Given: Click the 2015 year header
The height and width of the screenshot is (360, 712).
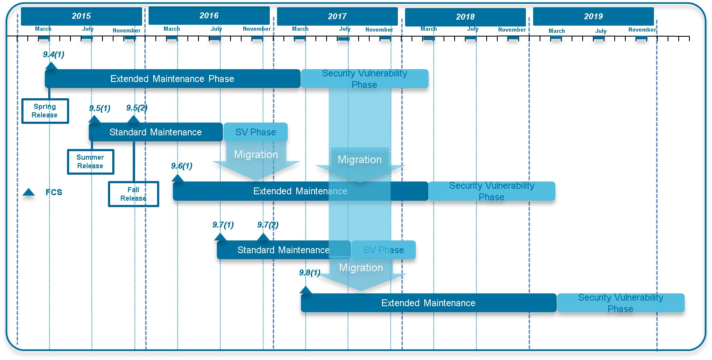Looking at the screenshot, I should tap(81, 16).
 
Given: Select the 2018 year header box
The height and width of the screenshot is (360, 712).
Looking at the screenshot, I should tap(465, 17).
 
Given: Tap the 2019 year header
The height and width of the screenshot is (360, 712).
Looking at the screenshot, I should tap(593, 17).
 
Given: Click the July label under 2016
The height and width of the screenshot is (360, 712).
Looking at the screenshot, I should tap(216, 29).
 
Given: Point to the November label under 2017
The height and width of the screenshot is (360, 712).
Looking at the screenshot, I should tap(379, 29).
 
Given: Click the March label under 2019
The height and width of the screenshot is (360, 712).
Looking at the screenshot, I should tap(557, 31).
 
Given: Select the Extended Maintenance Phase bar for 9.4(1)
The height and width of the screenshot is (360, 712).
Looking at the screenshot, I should tap(172, 79).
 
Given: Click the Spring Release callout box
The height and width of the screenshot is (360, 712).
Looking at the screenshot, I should tap(45, 111).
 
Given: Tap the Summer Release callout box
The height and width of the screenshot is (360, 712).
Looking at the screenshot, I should tap(90, 162).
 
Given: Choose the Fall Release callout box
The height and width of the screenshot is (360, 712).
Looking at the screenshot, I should tap(133, 194).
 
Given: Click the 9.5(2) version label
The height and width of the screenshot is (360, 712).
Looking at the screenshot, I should tap(137, 108).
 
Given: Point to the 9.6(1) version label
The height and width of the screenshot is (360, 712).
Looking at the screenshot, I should tap(182, 166).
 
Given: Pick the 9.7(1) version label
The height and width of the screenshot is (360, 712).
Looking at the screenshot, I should tap(223, 225).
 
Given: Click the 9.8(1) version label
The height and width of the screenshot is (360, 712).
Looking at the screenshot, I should tap(309, 272).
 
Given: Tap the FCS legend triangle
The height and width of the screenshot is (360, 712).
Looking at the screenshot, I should tap(29, 192).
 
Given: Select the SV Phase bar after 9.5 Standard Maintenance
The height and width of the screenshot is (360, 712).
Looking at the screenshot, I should tap(255, 132).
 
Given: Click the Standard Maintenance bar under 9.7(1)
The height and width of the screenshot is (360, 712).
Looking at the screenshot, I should tap(283, 250).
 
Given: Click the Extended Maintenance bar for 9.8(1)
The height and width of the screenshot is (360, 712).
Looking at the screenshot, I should tap(428, 303).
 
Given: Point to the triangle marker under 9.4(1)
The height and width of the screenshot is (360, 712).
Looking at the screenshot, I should tap(51, 65).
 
